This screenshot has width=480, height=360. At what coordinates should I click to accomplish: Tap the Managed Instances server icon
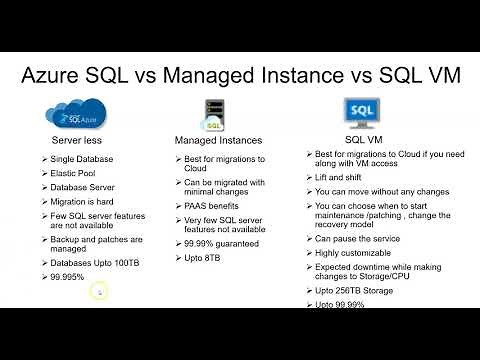pyautogui.click(x=211, y=113)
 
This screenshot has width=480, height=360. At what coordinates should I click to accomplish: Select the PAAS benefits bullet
pyautogui.click(x=219, y=205)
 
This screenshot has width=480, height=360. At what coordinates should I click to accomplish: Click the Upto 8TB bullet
pyautogui.click(x=206, y=257)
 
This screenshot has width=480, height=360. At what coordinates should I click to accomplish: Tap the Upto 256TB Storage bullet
pyautogui.click(x=362, y=291)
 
